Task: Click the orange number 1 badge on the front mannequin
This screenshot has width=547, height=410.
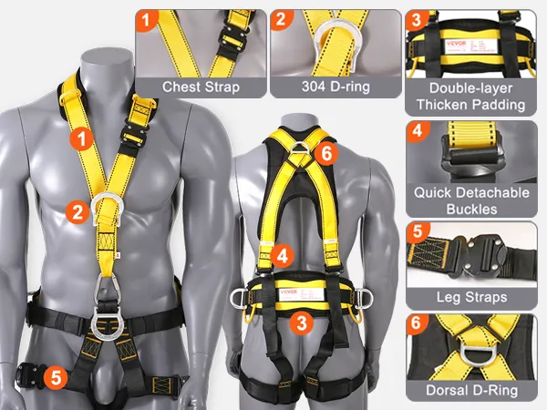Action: click(x=82, y=138)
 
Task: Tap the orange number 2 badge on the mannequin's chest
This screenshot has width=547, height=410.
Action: click(x=77, y=211)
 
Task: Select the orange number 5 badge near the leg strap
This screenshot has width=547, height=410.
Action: click(x=56, y=377)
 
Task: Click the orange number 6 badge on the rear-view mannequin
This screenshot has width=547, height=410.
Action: click(x=326, y=152)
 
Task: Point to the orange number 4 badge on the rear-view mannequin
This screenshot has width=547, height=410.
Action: click(x=283, y=255)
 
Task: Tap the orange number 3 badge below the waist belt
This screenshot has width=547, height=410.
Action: click(x=302, y=323)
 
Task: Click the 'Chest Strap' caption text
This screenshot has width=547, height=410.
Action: click(x=201, y=87)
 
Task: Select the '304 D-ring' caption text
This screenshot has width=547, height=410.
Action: click(x=335, y=87)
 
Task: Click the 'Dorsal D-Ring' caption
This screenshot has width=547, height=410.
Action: click(x=471, y=390)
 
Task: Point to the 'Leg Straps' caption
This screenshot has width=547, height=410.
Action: click(x=471, y=297)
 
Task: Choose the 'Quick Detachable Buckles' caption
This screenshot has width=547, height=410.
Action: click(x=471, y=200)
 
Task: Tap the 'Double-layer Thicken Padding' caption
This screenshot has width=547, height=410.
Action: click(x=471, y=97)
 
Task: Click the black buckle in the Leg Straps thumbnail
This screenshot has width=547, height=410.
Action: click(x=478, y=256)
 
